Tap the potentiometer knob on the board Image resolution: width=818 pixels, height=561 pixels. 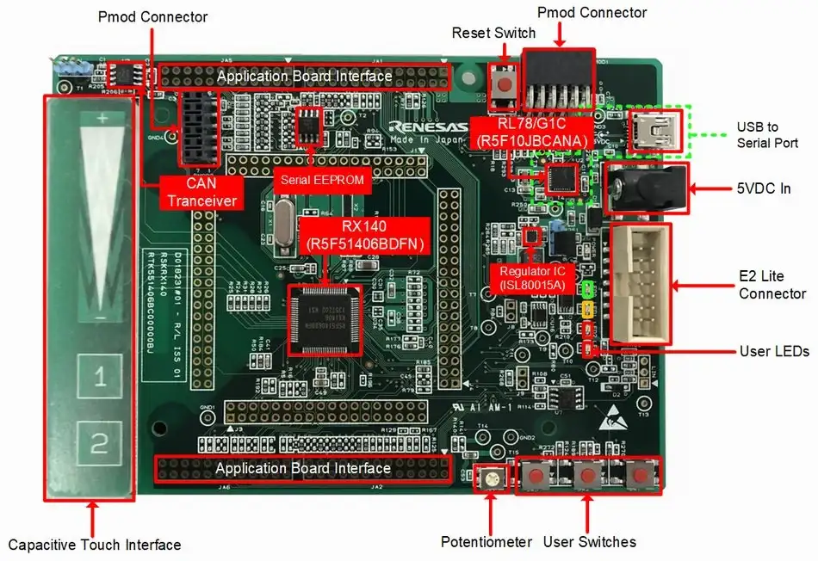tap(491, 478)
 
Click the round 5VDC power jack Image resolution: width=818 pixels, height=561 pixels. tap(648, 187)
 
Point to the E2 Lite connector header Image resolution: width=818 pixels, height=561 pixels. tap(641, 285)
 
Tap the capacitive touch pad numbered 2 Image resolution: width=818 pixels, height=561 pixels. tap(100, 443)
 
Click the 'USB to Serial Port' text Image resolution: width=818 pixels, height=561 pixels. tap(766, 135)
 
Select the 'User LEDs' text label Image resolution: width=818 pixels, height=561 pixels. tap(773, 352)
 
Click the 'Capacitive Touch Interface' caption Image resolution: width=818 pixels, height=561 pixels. tap(95, 545)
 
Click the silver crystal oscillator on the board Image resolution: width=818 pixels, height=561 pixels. tap(282, 215)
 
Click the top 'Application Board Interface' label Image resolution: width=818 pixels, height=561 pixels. tap(304, 77)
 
